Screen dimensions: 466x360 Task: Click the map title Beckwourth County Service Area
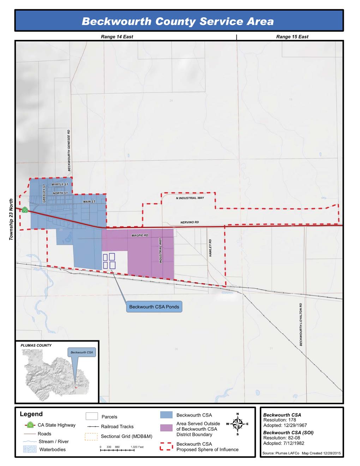point(178,22)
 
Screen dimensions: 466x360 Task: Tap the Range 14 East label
point(117,37)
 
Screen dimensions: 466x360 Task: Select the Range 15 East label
point(292,37)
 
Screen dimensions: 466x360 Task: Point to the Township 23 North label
point(11,220)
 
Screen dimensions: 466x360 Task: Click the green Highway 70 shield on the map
point(24,210)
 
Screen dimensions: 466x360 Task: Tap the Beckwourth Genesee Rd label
point(69,150)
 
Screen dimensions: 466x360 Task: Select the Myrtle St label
point(57,184)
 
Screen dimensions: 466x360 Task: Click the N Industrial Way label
point(190,198)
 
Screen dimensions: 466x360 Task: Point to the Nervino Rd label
point(190,222)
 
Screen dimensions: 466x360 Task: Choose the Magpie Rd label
point(140,235)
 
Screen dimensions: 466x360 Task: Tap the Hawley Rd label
point(210,248)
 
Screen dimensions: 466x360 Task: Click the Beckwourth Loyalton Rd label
point(301,324)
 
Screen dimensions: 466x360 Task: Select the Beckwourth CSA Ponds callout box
point(154,307)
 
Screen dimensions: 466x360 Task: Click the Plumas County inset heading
point(36,345)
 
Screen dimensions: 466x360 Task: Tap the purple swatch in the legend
point(166,428)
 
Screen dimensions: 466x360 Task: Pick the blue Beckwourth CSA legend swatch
point(166,415)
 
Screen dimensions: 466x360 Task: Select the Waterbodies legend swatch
point(30,449)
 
